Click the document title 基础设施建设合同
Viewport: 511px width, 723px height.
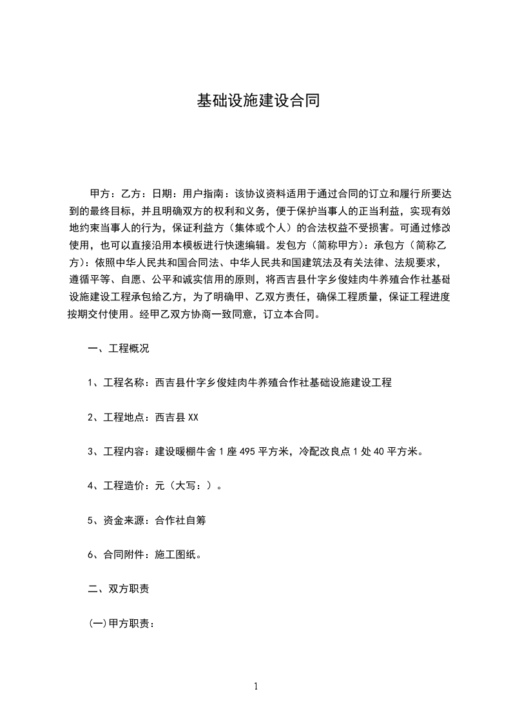[x=258, y=101]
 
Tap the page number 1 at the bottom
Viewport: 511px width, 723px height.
[x=256, y=687]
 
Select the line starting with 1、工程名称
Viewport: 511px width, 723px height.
[x=239, y=383]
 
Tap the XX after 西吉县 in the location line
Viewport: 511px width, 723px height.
[x=193, y=418]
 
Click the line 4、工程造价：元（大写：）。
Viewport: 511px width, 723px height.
[x=155, y=486]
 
